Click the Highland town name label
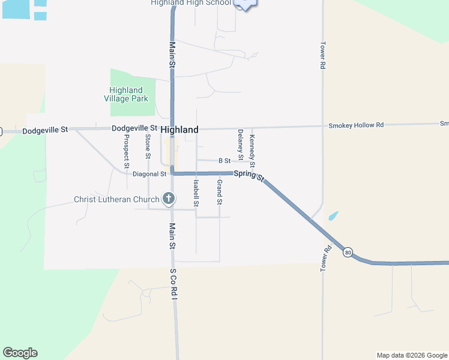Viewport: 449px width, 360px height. [x=179, y=130]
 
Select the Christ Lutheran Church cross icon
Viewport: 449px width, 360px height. [x=169, y=199]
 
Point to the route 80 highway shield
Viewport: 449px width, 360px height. [x=348, y=253]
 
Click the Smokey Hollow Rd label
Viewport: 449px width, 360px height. [x=355, y=125]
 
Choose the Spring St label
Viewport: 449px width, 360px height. [x=249, y=175]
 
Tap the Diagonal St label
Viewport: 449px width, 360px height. [x=149, y=174]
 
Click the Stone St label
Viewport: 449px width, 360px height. [x=148, y=146]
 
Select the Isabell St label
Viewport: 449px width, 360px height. [x=196, y=193]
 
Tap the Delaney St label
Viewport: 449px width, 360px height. [x=240, y=145]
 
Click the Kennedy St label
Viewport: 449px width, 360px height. [x=252, y=152]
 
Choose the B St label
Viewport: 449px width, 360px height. [x=224, y=161]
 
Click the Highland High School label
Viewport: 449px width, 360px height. [x=190, y=3]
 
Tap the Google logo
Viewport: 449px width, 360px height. [x=20, y=353]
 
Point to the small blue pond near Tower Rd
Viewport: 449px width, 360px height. [x=333, y=215]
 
